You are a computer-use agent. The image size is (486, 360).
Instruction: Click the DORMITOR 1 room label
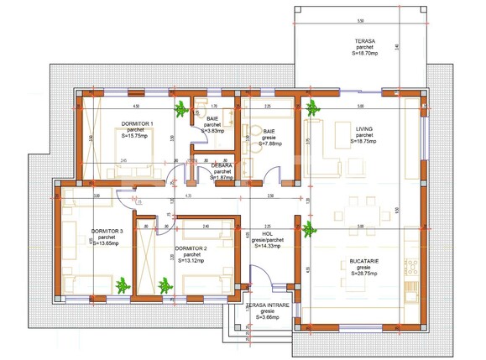(133, 123)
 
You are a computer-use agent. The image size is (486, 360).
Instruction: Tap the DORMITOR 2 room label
(191, 248)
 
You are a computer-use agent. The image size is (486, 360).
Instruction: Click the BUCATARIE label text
(363, 262)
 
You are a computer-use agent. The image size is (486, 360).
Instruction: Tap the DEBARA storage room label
(222, 165)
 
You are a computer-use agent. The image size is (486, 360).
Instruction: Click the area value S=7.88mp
(269, 143)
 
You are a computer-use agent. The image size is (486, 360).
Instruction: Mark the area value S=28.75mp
(363, 274)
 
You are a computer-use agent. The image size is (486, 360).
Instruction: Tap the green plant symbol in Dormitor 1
(180, 107)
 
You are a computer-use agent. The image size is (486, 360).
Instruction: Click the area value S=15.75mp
(133, 136)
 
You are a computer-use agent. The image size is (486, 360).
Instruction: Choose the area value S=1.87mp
(222, 177)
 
